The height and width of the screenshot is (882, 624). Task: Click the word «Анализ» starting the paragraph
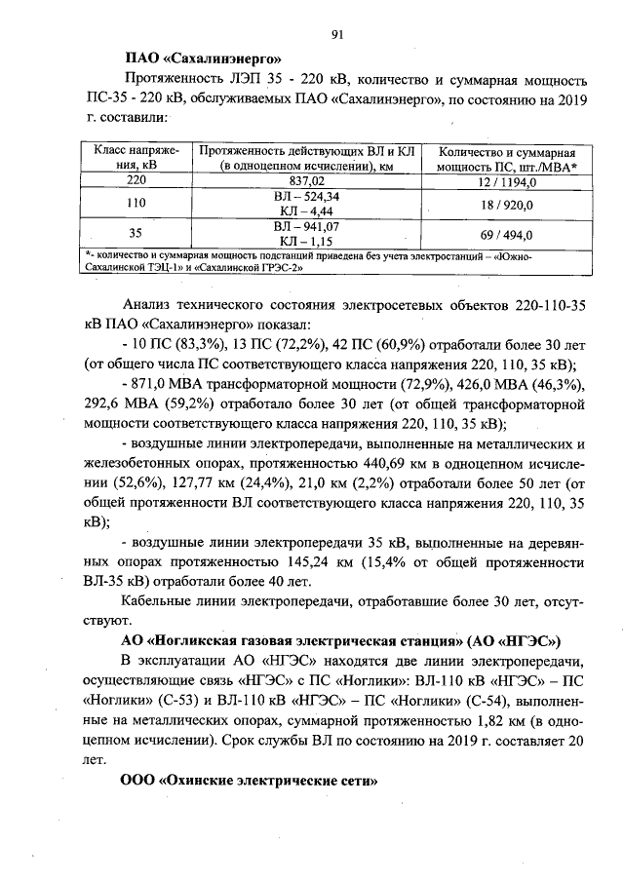(x=154, y=307)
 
